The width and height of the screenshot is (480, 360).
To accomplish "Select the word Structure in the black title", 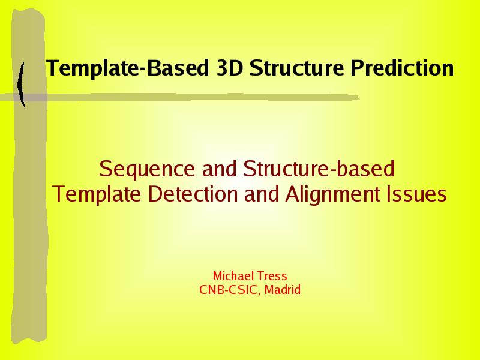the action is [297, 68].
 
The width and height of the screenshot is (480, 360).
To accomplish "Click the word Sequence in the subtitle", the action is [147, 169].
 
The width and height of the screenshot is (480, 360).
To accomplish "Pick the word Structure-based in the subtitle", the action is [319, 169].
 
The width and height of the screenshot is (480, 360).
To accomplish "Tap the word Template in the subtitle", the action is [97, 194].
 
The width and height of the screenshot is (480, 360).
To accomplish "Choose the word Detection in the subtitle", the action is [193, 194].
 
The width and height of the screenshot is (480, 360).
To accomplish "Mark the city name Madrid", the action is [283, 290].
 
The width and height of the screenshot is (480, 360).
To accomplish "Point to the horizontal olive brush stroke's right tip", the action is [359, 98].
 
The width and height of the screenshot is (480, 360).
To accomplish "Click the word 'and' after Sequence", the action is [220, 169].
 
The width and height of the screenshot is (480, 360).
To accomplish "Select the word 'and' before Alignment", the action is [262, 194].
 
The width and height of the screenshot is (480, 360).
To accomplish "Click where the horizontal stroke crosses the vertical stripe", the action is [29, 98].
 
